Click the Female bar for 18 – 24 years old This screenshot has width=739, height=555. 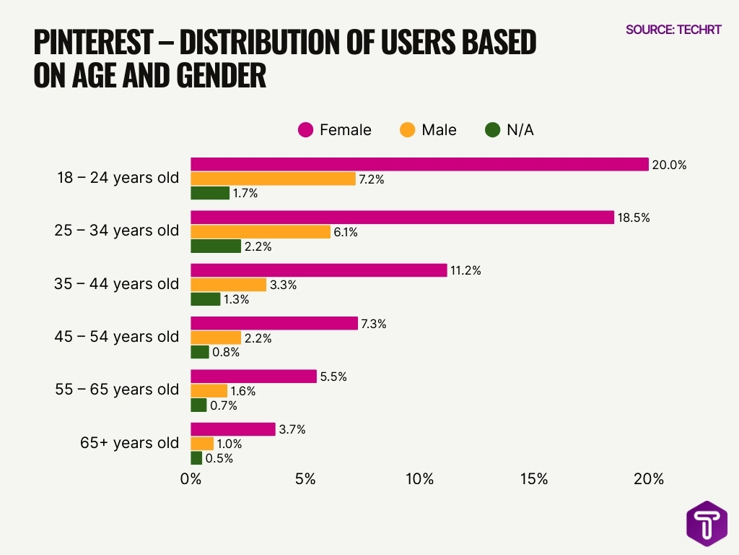point(419,165)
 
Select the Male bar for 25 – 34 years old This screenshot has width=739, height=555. point(260,232)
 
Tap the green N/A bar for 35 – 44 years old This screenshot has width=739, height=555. point(205,299)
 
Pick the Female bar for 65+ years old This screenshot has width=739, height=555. point(232,429)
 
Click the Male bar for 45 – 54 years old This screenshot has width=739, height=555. point(215,337)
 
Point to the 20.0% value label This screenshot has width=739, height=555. point(669,165)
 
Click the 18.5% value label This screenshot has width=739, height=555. point(634,218)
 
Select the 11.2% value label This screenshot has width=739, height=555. point(465,270)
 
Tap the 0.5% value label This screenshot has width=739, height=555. point(219,458)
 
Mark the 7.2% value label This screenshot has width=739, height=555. point(372,179)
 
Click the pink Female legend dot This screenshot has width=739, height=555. point(306,130)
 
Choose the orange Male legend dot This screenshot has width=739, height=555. point(407,130)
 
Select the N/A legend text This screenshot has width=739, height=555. point(520,130)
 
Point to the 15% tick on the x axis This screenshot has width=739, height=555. point(534,479)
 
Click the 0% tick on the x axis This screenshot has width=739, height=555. point(191,479)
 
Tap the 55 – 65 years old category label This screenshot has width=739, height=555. point(117,390)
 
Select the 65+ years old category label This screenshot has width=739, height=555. point(129,443)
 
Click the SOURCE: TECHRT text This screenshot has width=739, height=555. point(673,30)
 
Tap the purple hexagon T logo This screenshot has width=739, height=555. point(707,523)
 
